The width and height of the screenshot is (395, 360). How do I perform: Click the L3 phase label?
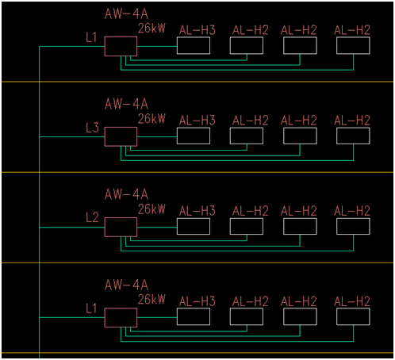[92, 128]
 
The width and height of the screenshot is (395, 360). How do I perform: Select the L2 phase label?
[92, 217]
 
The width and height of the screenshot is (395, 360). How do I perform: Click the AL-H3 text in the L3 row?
[197, 121]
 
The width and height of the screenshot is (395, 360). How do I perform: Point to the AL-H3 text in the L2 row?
[197, 211]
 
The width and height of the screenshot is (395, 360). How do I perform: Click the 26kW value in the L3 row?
[151, 119]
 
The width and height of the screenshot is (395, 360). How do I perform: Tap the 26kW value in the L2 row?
[151, 209]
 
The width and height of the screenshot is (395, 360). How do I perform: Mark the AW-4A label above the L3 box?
[126, 104]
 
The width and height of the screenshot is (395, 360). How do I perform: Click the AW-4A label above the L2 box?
[126, 194]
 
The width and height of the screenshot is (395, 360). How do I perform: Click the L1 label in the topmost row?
[91, 37]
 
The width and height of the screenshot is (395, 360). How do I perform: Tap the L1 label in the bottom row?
[91, 308]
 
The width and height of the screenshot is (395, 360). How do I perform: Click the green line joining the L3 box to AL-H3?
[157, 136]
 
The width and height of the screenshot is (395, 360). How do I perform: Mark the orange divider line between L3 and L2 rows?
[197, 172]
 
